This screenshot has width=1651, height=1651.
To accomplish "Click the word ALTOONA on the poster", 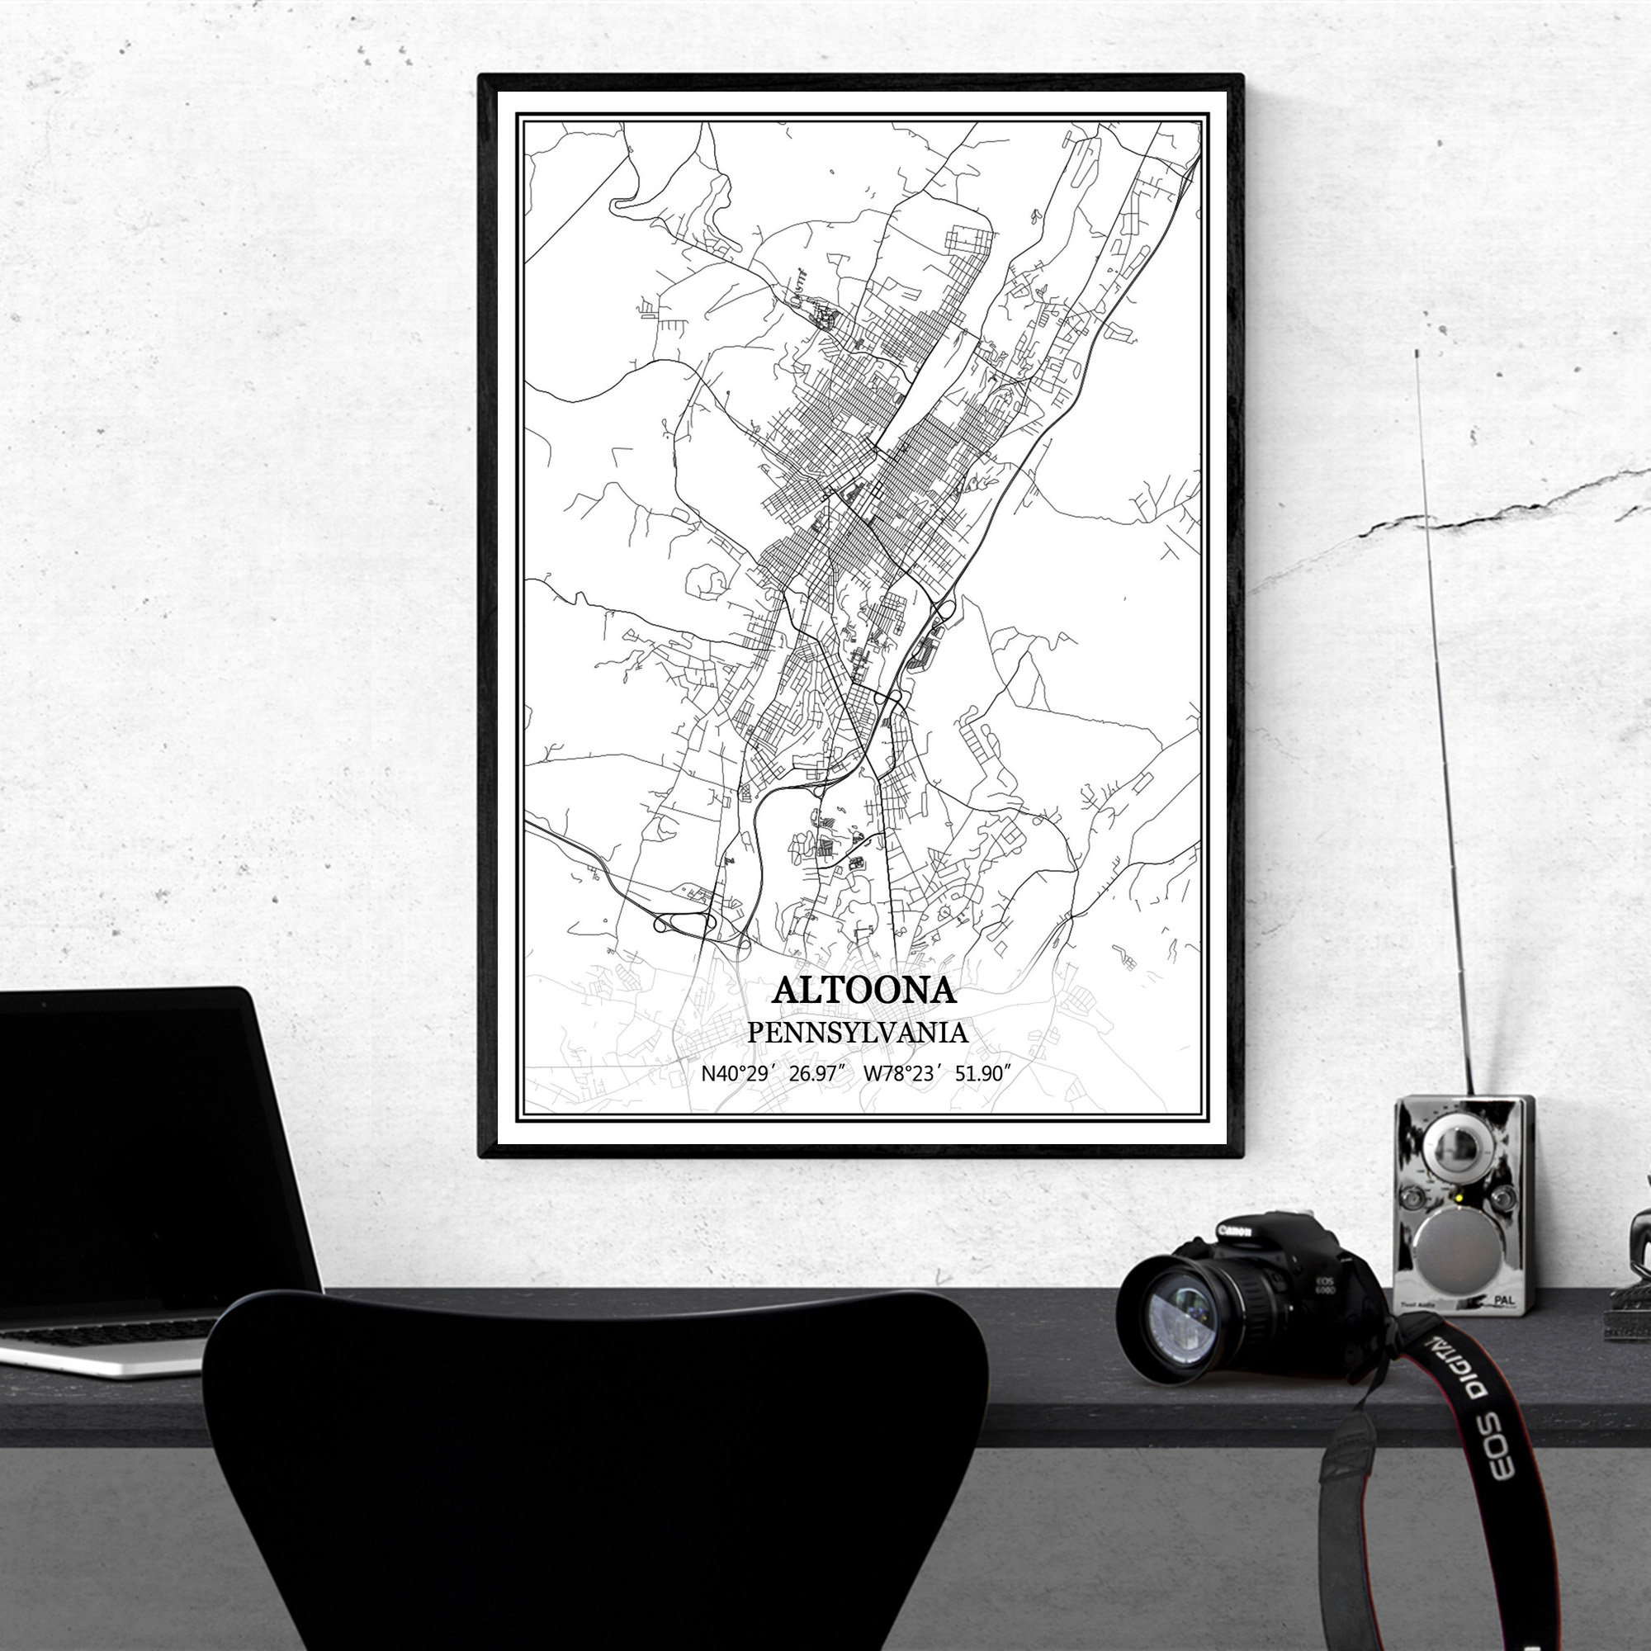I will coord(863,991).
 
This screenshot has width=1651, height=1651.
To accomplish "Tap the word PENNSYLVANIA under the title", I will coord(858,1033).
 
